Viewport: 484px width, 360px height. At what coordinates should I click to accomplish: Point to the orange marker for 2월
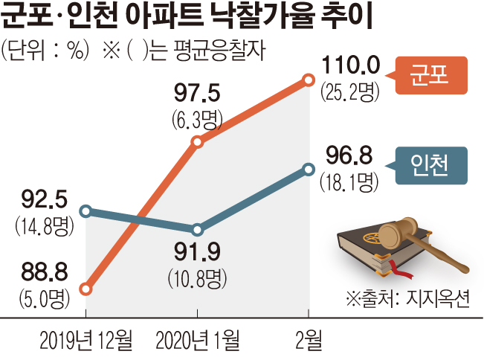[x=308, y=79]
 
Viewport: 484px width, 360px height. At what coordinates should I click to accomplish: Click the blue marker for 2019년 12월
[x=86, y=211]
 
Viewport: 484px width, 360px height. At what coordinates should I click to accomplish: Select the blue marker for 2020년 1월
[x=197, y=230]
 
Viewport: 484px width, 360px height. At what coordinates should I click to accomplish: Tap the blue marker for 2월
[x=308, y=170]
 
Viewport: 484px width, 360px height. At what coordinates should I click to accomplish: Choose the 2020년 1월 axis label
[x=199, y=342]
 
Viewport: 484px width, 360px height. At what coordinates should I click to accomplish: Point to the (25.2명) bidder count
[x=350, y=93]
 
